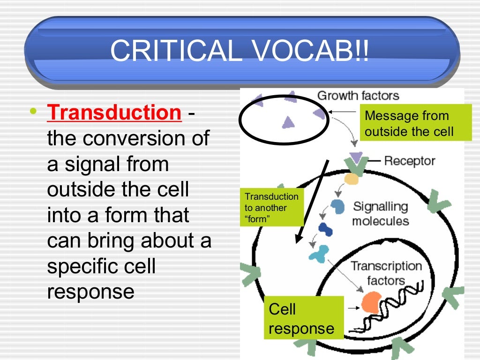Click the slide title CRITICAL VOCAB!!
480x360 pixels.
240,50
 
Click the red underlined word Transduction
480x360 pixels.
114,113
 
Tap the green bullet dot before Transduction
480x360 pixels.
32,112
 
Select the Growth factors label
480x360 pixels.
358,96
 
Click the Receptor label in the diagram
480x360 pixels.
410,161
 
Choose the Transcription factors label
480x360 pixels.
386,273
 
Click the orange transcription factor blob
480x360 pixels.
371,302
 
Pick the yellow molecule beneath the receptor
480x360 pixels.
351,179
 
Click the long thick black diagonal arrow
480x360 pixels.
311,202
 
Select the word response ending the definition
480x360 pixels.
90,292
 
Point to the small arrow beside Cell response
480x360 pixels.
354,308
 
